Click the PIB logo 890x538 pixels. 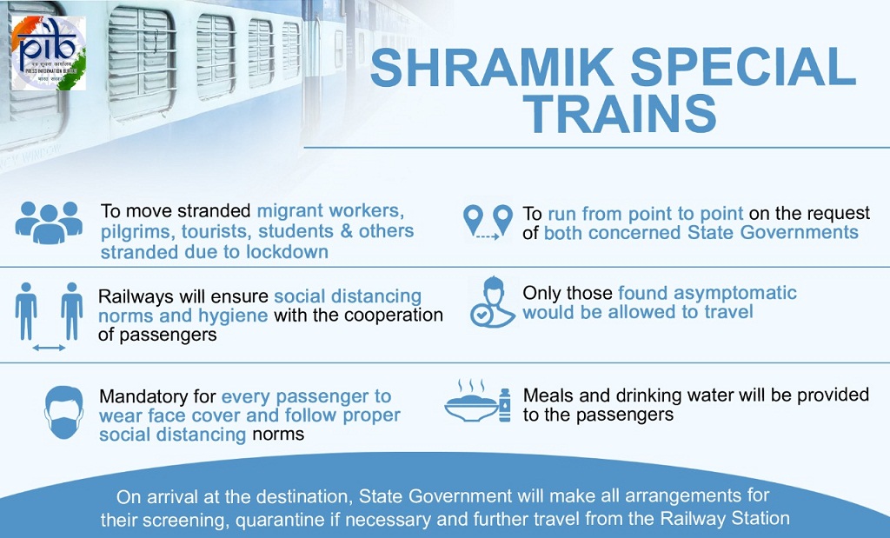pyautogui.click(x=49, y=52)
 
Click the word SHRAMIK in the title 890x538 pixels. pyautogui.click(x=492, y=67)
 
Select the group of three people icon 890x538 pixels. pyautogui.click(x=49, y=223)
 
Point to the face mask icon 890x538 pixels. pyautogui.click(x=63, y=413)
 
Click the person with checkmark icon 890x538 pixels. pyautogui.click(x=492, y=302)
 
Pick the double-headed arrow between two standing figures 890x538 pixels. pyautogui.click(x=49, y=348)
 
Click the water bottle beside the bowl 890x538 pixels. pyautogui.click(x=504, y=405)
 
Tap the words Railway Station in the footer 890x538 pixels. pyautogui.click(x=724, y=518)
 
